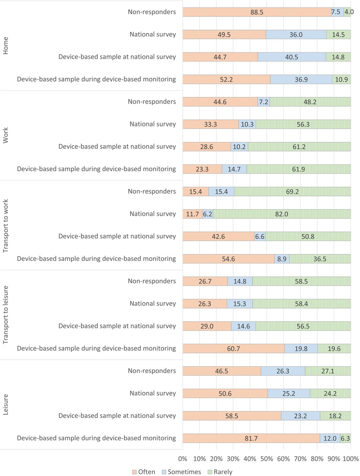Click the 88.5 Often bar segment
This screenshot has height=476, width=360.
[257, 12]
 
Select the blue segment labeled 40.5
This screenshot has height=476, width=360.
[292, 57]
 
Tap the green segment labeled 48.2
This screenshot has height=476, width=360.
[310, 102]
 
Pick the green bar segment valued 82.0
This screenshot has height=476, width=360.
[282, 214]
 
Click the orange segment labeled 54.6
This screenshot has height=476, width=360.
[229, 259]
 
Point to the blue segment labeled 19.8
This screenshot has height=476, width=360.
[301, 349]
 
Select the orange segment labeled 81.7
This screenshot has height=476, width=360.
[251, 438]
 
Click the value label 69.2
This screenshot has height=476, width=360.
[292, 192]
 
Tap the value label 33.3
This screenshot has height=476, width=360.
[210, 125]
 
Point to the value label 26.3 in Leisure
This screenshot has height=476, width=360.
[283, 371]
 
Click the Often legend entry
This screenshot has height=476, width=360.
[144, 472]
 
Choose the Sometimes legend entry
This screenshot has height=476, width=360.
[181, 472]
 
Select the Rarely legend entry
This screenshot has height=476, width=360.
[220, 472]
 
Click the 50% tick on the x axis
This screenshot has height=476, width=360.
[267, 459]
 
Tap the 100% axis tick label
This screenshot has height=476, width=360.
[351, 459]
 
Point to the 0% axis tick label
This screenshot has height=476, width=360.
[183, 459]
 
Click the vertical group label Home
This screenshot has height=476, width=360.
[5, 46]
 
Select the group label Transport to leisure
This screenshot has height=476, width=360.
[5, 315]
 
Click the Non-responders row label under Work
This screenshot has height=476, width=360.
[152, 101]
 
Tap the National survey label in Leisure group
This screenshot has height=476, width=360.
[153, 393]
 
